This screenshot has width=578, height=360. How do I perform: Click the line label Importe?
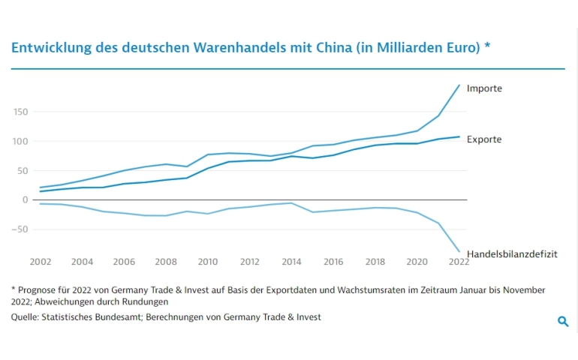click(x=484, y=88)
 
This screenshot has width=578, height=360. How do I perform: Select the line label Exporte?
click(x=484, y=139)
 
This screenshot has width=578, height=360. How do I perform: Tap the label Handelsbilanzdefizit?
click(x=512, y=255)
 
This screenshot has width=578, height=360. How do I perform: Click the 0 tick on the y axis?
click(x=24, y=199)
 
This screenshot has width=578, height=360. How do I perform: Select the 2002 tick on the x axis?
click(x=40, y=262)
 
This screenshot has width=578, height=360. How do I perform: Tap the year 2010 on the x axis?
click(x=208, y=262)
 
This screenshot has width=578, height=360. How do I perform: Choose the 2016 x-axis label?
click(x=334, y=262)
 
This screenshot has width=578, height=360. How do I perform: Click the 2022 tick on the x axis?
click(x=459, y=262)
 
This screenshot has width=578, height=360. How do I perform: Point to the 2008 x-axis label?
click(x=166, y=262)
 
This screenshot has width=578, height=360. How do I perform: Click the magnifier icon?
click(x=563, y=322)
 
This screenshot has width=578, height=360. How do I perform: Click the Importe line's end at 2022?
click(x=459, y=85)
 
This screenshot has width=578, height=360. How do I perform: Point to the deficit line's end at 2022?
click(x=459, y=252)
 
